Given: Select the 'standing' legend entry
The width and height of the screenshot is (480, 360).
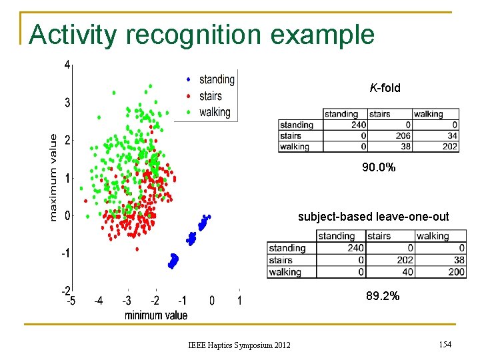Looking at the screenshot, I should tap(217, 80).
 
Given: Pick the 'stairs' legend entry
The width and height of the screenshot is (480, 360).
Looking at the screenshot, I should tap(211, 97).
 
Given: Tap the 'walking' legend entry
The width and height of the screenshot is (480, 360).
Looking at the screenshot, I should tap(215, 112).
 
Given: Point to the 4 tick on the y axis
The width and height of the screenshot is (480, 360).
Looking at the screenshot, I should tap(68, 65).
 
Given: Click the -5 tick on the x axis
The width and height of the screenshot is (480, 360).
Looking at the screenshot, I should tap(70, 301).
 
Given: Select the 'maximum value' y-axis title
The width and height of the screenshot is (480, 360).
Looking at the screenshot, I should tap(54, 177).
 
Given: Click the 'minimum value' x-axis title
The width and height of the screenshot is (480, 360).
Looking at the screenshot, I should tap(156, 315).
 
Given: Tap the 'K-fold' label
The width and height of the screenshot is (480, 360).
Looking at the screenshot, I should tap(385, 88).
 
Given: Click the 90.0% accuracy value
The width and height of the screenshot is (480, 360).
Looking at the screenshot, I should tap(379, 168).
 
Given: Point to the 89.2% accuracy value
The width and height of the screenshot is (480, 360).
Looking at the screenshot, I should tap(383, 296).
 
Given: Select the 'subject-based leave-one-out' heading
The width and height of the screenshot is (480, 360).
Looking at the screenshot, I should tap(373, 217).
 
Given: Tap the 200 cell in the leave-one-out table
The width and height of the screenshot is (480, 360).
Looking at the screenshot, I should tap(456, 272).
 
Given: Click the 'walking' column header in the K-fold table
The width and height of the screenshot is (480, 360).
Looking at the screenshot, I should tap(428, 114).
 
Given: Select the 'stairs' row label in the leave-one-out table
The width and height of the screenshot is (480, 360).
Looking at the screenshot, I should tap(281, 260).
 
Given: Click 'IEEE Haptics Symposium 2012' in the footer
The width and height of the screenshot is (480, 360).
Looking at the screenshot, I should tap(239, 344).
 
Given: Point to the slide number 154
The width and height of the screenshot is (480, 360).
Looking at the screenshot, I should tap(445, 343).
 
